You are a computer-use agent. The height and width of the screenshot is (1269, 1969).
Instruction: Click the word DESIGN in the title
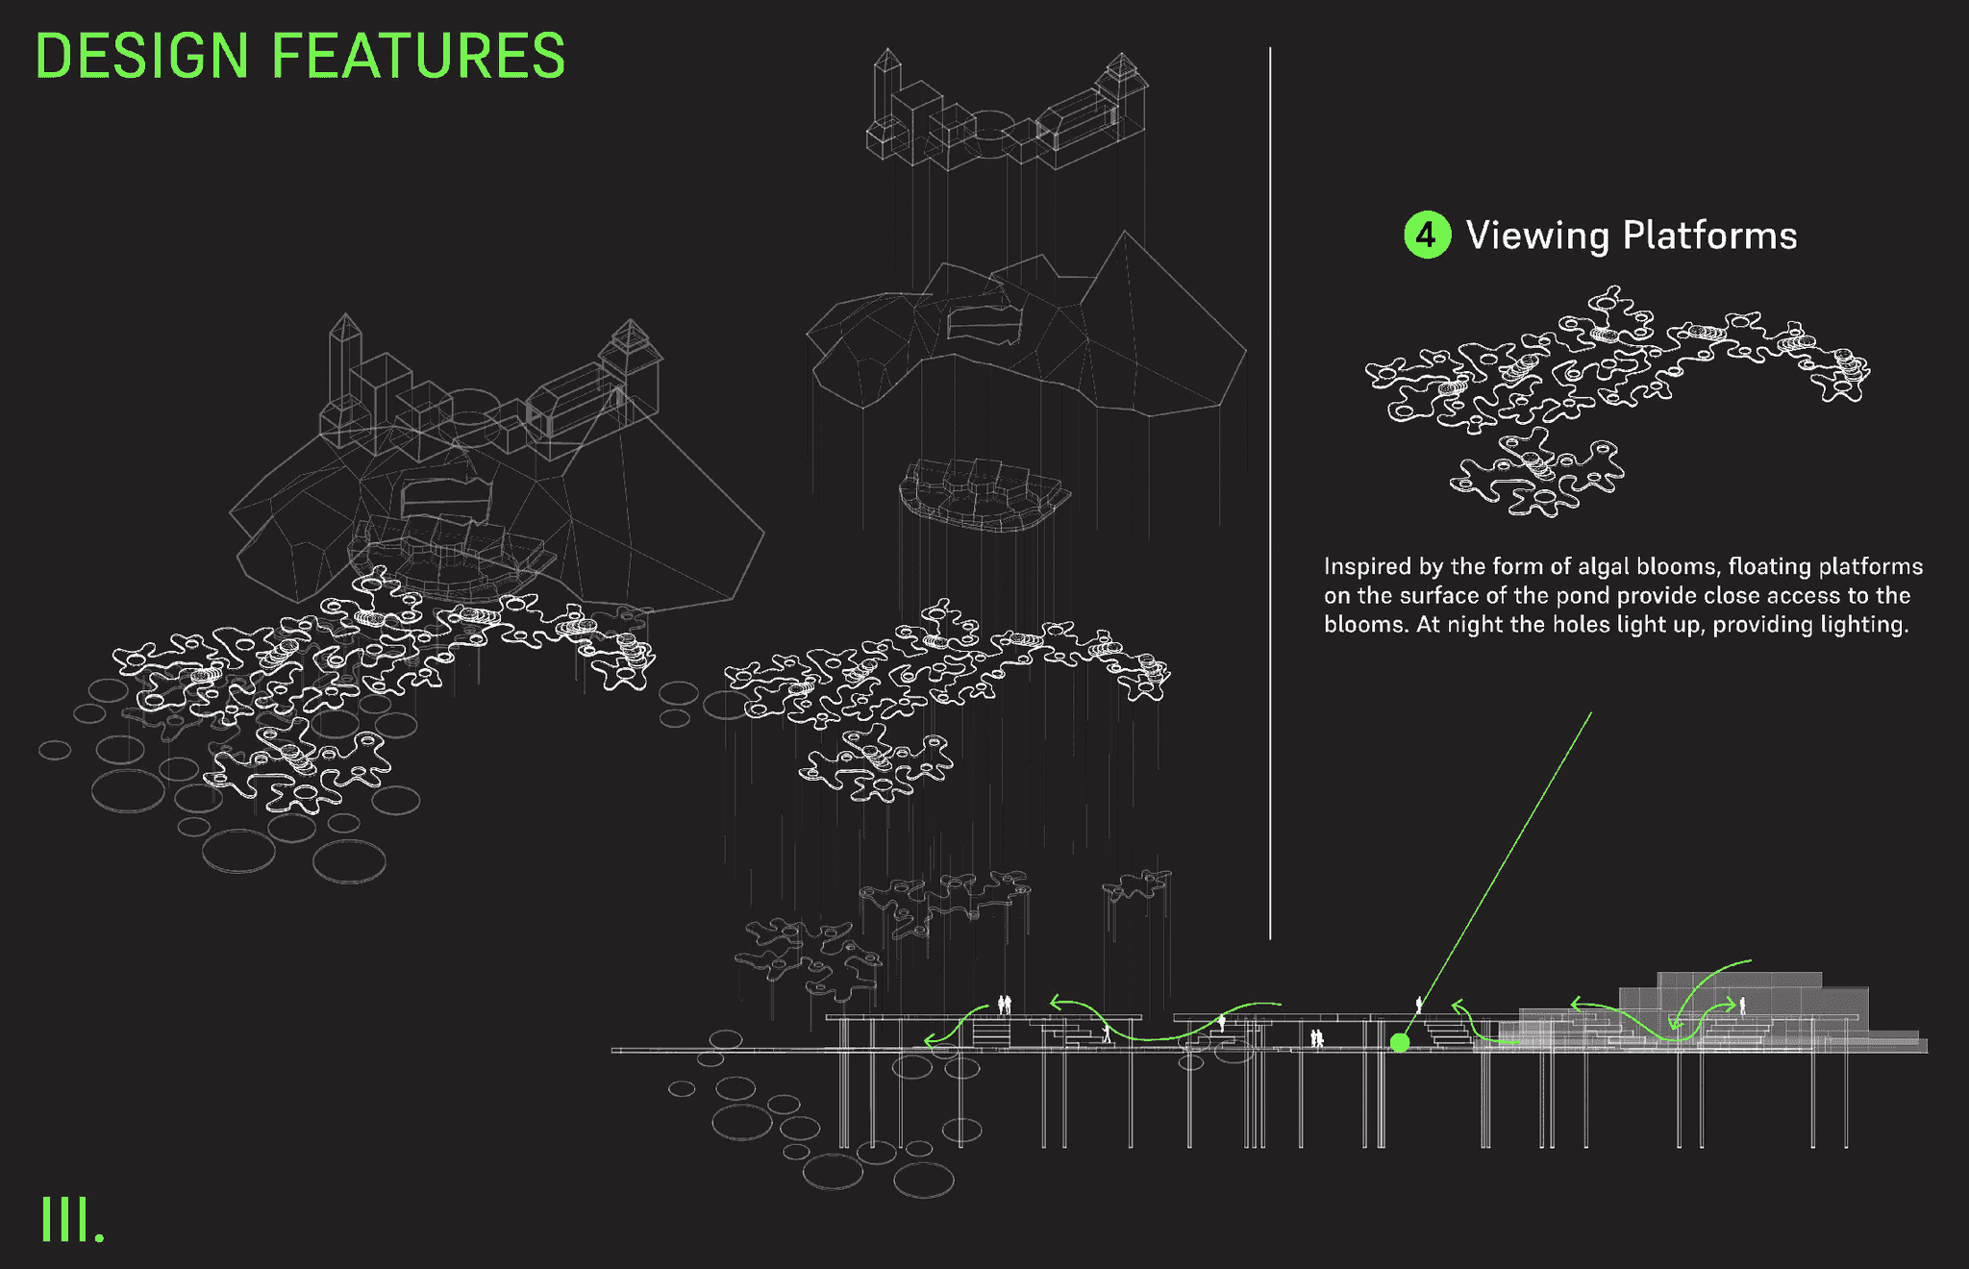(141, 56)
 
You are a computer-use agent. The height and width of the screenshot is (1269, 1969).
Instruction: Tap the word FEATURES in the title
(418, 56)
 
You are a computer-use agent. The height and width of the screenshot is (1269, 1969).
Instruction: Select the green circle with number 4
(1427, 235)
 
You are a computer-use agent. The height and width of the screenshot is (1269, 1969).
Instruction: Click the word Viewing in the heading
(1536, 236)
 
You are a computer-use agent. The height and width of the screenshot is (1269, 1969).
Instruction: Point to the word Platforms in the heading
(1709, 236)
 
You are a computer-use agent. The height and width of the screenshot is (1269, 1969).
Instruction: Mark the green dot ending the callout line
(1400, 1042)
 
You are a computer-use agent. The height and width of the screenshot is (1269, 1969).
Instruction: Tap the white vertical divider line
(1270, 481)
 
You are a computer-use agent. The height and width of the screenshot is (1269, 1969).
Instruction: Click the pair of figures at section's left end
(1004, 1005)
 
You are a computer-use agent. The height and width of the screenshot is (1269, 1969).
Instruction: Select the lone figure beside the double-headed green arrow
(1742, 1006)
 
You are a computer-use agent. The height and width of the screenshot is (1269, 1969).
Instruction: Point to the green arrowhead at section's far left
(929, 1040)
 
